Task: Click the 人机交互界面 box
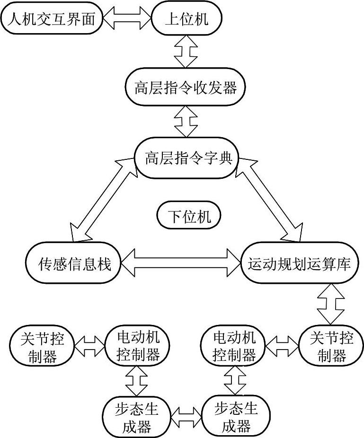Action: coord(52,19)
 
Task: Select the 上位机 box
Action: coord(186,19)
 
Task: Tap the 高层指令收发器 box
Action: coord(185,88)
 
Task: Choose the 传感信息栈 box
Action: coord(74,264)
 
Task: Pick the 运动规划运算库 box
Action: coord(299,264)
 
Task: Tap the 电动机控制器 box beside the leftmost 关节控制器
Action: coord(138,346)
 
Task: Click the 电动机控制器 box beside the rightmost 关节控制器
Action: coord(234,346)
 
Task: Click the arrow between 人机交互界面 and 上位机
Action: coord(127,19)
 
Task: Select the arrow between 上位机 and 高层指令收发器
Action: coord(186,52)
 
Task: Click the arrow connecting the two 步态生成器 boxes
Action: coord(186,417)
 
